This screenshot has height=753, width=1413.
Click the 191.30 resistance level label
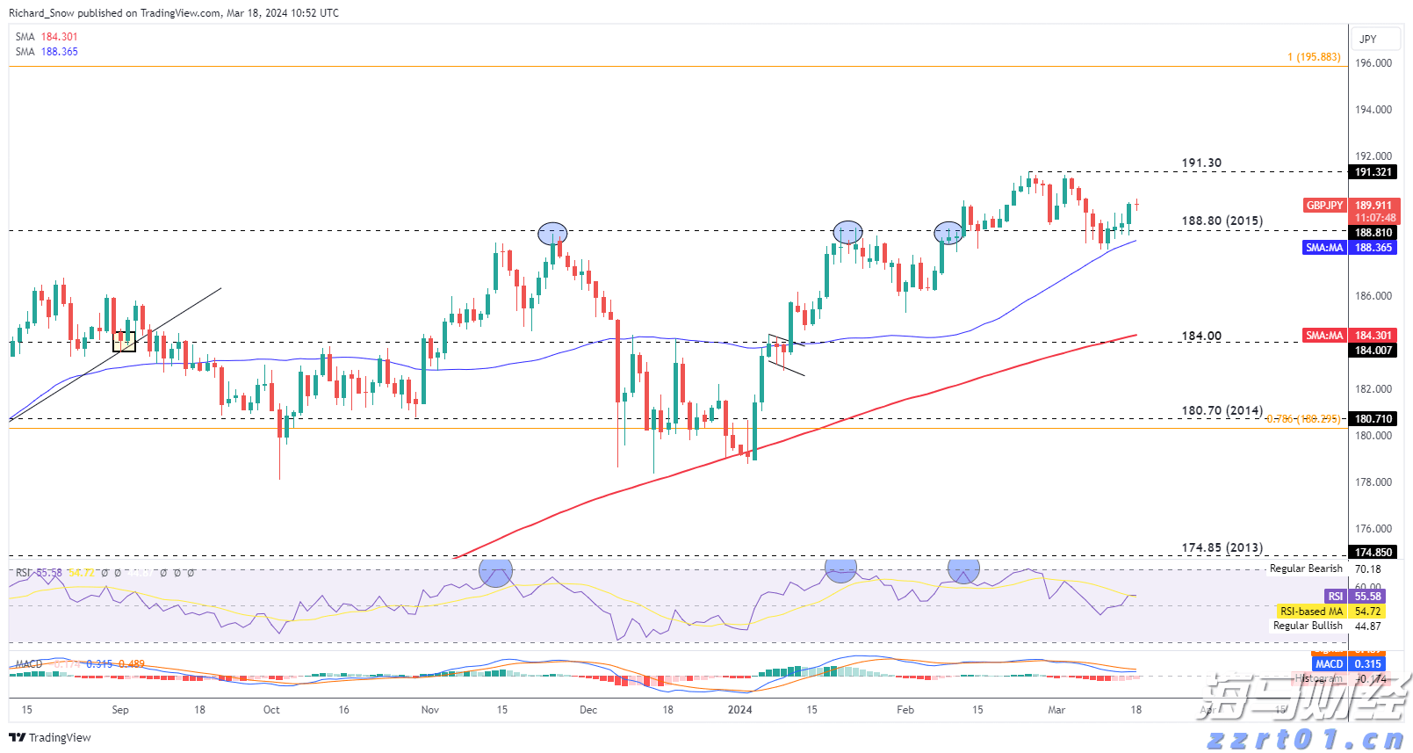(x=1200, y=163)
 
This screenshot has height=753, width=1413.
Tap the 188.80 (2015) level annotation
(x=1222, y=221)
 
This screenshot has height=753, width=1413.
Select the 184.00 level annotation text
(x=1200, y=336)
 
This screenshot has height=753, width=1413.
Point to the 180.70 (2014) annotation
(x=1222, y=410)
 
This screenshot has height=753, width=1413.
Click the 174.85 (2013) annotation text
(x=1222, y=547)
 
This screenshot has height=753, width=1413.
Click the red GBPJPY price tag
(x=1324, y=206)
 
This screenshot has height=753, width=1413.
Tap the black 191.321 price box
(x=1373, y=172)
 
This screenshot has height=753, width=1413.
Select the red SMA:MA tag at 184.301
(x=1324, y=336)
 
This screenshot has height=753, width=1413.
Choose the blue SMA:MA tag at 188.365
(x=1324, y=248)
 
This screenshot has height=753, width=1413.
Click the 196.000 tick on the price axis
(x=1373, y=63)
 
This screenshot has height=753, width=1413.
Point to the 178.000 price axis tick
(x=1373, y=482)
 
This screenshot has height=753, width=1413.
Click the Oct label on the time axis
(x=271, y=710)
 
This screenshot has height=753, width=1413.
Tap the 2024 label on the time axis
(x=740, y=710)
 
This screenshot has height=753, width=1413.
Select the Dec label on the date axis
(x=588, y=710)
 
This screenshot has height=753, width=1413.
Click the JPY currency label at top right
(x=1367, y=40)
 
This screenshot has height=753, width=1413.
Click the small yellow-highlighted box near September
(x=125, y=342)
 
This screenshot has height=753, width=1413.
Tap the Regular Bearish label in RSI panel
(x=1306, y=568)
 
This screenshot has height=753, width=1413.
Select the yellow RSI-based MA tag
(x=1311, y=612)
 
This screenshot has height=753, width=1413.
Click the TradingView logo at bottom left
(x=50, y=737)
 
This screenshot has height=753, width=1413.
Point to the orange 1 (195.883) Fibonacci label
(x=1314, y=57)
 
